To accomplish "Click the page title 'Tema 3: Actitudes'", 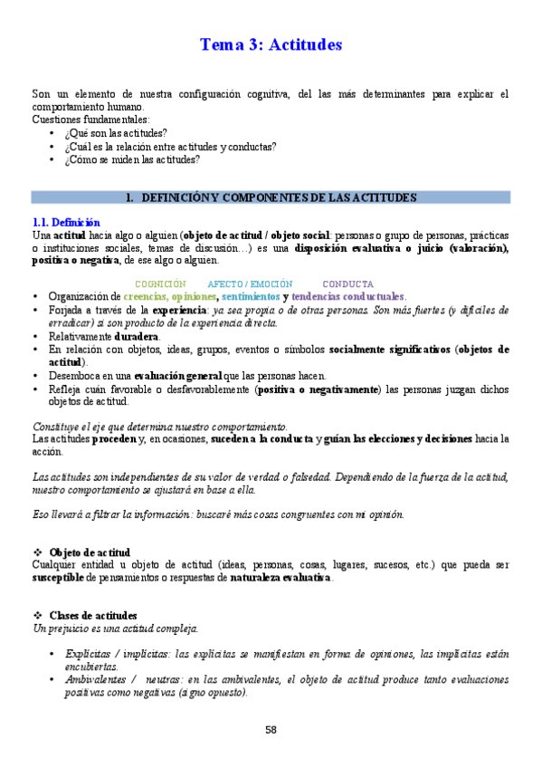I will pos(271,43).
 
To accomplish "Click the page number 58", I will pos(271,729).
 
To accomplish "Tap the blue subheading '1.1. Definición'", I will pos(66,223).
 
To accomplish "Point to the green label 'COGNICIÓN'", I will pos(160,283).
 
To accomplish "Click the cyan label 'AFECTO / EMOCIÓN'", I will pos(250,283).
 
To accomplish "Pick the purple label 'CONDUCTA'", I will pos(347,283).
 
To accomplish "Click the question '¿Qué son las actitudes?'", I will pos(115,133).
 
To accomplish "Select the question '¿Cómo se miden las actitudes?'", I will pos(132,159).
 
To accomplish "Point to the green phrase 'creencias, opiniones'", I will pos(170,296).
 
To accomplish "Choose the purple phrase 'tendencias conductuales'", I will pos(348,296).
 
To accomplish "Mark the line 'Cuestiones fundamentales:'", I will pos(90,120).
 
